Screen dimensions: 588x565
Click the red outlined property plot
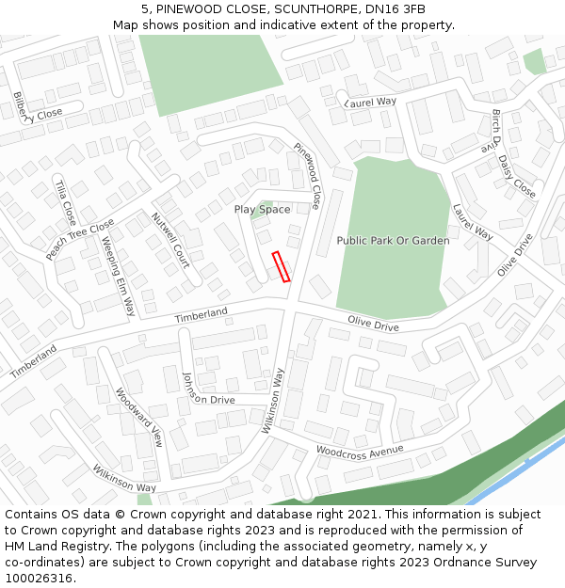[281, 266]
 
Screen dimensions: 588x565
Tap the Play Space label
[262, 209]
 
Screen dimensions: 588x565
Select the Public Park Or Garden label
[393, 241]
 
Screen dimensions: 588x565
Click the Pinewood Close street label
[308, 176]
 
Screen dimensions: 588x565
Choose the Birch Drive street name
[492, 130]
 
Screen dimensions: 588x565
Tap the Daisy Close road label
[516, 177]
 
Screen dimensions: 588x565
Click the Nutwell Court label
[170, 239]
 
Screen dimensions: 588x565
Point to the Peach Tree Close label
[80, 239]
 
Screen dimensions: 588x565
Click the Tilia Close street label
[64, 201]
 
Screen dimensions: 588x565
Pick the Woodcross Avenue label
[360, 451]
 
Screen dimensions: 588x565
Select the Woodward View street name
[139, 418]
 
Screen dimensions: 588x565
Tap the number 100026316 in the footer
[40, 579]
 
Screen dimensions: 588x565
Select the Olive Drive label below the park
[373, 325]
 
